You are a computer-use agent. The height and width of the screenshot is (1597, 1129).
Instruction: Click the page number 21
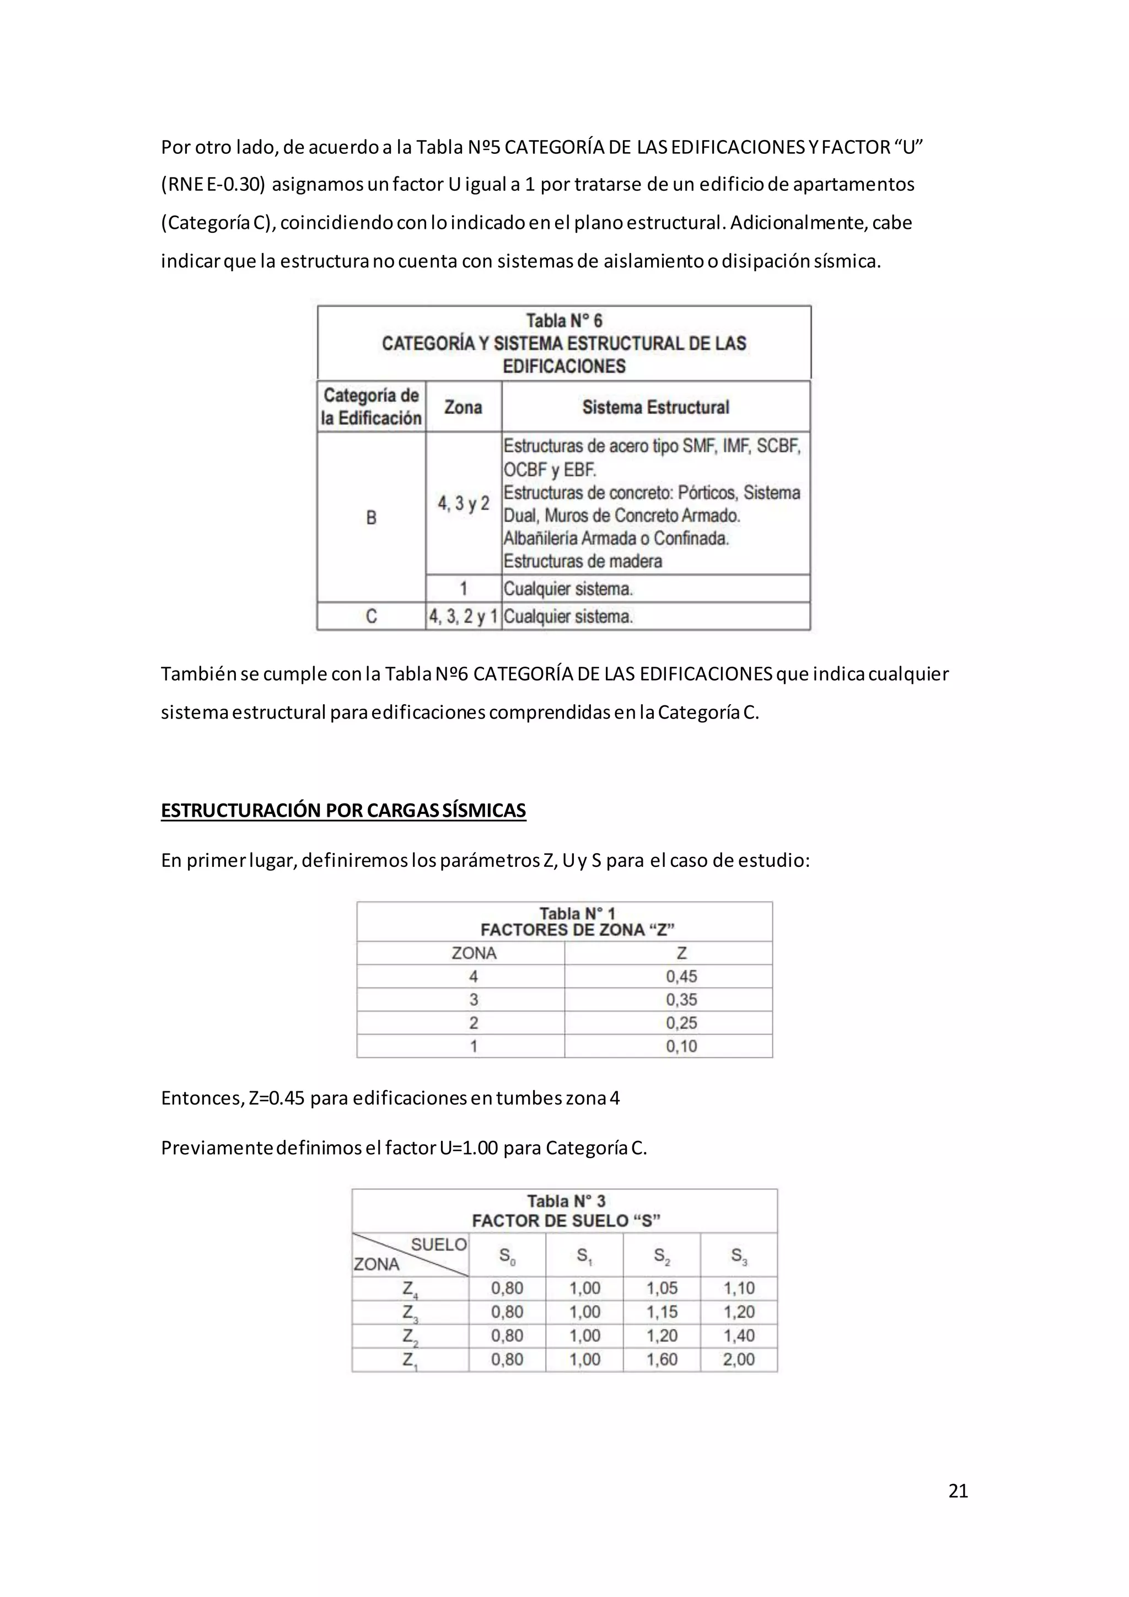pos(958,1491)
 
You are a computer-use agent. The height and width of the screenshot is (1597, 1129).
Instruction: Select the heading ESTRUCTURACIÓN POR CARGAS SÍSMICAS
pos(343,810)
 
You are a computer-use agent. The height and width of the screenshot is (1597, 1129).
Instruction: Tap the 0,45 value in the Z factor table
pos(681,976)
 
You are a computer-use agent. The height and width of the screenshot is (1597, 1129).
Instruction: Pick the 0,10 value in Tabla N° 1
pos(681,1046)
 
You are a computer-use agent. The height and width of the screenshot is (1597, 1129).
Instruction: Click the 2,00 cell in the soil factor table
pos(738,1359)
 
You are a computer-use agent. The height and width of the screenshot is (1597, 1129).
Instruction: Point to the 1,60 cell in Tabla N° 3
pos(662,1359)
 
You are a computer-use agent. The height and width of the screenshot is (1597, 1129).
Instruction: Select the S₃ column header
pos(738,1256)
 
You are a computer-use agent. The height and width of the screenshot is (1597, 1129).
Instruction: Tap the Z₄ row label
pos(410,1289)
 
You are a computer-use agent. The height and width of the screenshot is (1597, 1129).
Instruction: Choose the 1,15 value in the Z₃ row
pos(662,1312)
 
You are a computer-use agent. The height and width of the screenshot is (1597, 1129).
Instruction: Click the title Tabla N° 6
pos(564,320)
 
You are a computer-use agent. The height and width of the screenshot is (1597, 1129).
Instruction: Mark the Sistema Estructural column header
pos(655,407)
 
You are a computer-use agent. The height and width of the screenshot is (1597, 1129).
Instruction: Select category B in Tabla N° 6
pos(371,517)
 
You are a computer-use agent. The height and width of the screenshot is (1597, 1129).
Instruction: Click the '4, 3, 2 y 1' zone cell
pos(463,617)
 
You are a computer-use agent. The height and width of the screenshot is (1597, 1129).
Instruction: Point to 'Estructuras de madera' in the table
pos(583,561)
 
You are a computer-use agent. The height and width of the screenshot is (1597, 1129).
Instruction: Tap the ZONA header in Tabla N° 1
pos(474,953)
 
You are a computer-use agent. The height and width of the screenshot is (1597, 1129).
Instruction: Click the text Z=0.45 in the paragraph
pos(277,1098)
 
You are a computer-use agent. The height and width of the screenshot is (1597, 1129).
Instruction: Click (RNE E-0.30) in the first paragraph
pos(213,184)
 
